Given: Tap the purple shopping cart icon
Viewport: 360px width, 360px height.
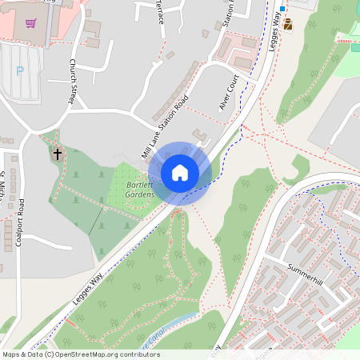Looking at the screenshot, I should (x=30, y=24).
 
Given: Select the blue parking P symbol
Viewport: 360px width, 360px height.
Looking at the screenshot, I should (x=20, y=70).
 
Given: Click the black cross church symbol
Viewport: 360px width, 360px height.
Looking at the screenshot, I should (x=57, y=153).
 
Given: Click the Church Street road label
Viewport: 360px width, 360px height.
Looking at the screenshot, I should (x=74, y=83).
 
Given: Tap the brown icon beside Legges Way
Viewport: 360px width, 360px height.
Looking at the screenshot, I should (x=288, y=24).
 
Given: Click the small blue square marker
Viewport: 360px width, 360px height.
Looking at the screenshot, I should (x=282, y=10).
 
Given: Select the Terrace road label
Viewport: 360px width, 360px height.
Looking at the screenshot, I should (x=159, y=11).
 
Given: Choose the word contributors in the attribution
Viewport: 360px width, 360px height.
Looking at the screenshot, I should (x=137, y=354).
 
